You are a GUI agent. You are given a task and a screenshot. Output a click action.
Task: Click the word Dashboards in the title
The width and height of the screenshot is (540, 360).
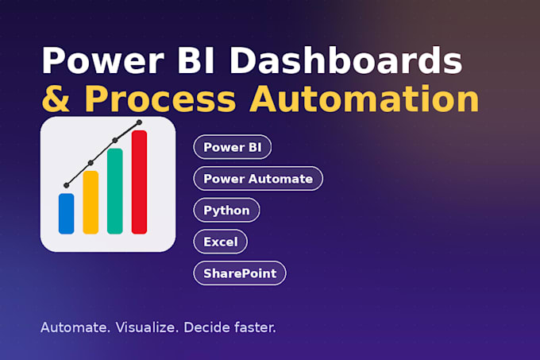coord(346,60)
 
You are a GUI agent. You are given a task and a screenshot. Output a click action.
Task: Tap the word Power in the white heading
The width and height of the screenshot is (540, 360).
coord(102,60)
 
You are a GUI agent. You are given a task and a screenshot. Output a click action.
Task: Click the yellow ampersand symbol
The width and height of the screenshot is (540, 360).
coord(56,99)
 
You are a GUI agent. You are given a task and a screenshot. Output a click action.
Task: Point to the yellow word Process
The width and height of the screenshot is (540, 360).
coord(160,99)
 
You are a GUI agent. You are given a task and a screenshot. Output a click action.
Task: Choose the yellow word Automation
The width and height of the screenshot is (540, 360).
coord(364,99)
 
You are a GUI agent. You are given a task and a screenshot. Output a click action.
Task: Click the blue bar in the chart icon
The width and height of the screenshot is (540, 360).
coord(67,214)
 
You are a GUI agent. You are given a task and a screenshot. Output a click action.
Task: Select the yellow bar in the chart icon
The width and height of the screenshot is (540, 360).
coord(91,203)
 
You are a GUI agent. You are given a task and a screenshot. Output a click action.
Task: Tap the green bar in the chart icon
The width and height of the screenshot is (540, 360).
coord(115,192)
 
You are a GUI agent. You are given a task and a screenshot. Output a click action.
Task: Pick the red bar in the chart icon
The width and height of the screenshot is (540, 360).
coord(139,182)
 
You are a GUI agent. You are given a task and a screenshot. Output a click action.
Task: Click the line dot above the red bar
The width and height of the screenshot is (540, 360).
coord(139,122)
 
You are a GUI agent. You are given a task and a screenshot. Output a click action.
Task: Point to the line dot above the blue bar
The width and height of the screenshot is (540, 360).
coord(67,185)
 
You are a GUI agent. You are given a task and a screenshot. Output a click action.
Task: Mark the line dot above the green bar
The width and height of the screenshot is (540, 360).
coord(115,140)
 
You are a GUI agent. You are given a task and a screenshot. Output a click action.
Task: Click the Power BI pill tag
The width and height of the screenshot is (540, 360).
coord(233,147)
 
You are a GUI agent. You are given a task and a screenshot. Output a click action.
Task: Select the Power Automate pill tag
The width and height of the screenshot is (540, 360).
coord(258,179)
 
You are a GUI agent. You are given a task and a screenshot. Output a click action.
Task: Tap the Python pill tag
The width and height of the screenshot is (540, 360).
coord(226,210)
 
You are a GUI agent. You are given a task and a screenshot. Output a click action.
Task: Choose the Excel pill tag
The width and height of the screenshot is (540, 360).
coord(221,242)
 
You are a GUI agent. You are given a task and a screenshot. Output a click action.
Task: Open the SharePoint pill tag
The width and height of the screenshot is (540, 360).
coord(240,273)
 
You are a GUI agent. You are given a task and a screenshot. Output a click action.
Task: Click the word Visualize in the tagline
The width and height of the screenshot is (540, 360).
coord(147,327)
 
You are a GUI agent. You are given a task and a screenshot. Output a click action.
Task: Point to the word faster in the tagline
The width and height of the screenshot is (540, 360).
coord(255,327)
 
